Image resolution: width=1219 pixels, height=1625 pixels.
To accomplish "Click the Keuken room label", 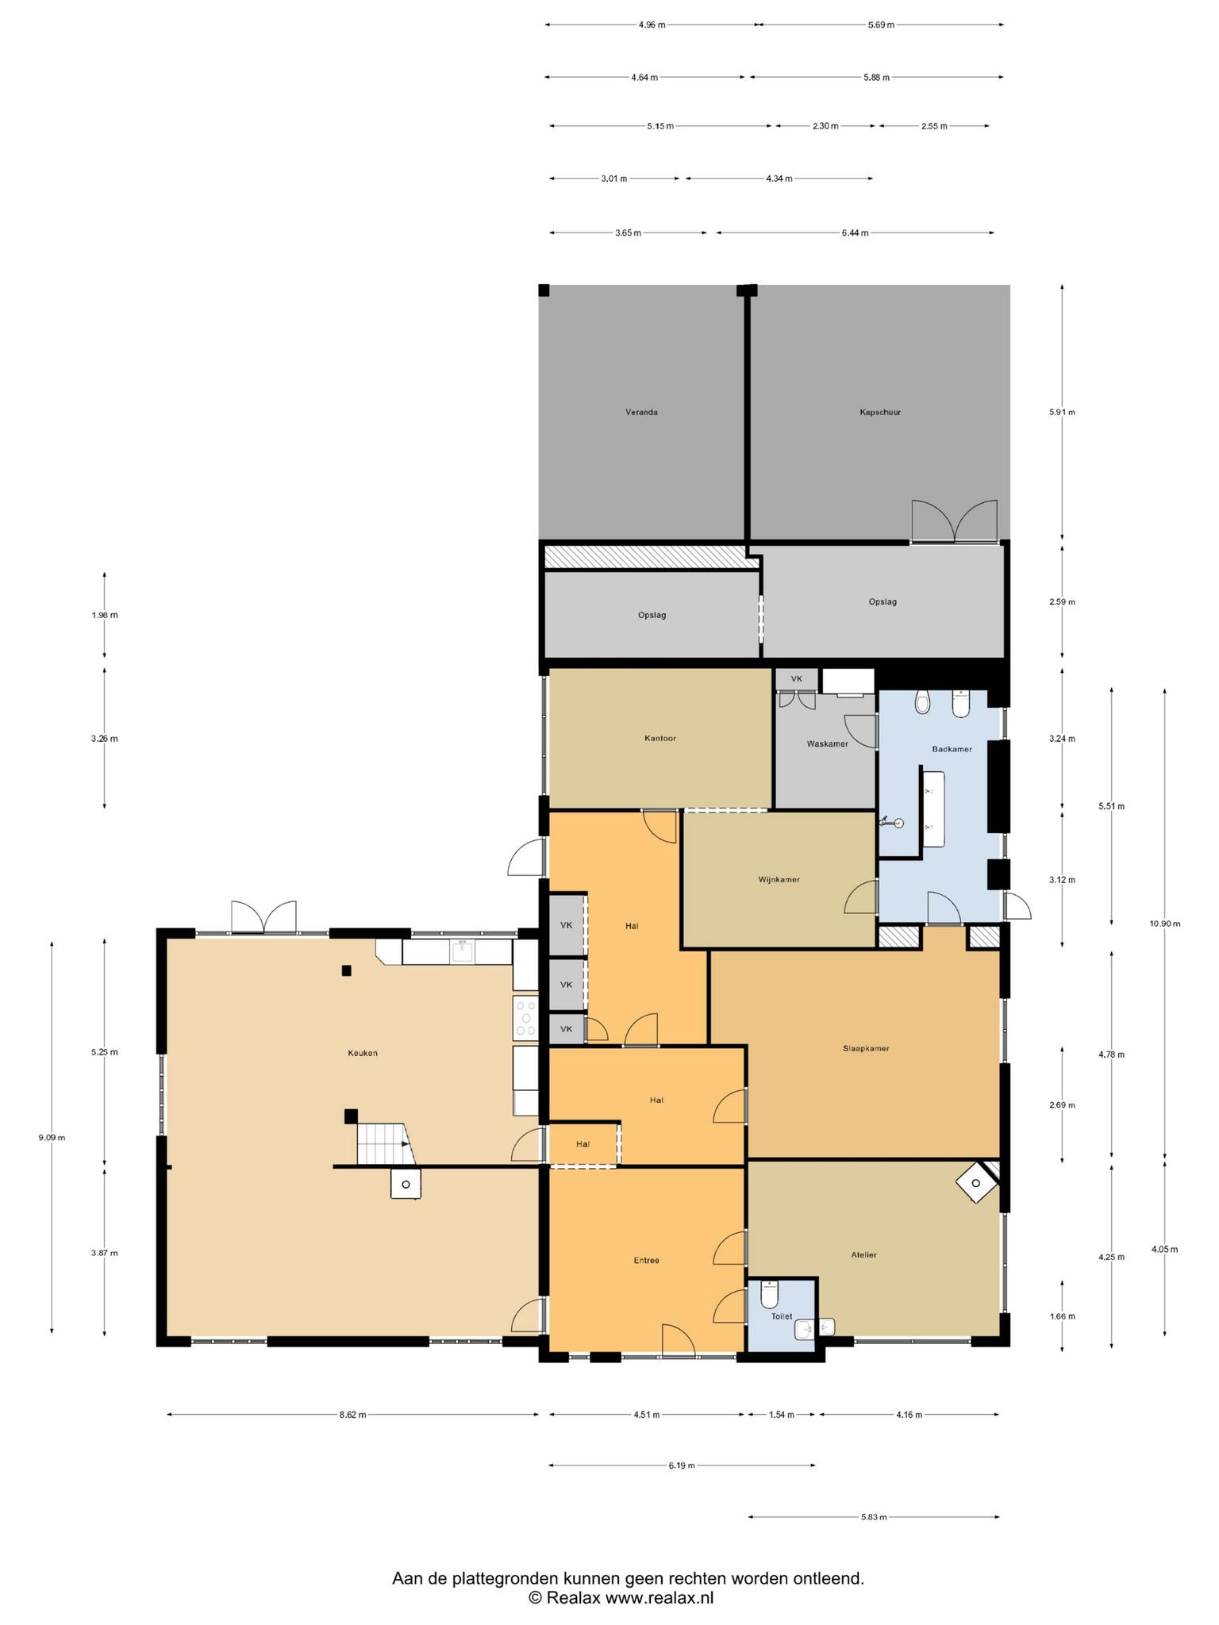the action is click(362, 1053).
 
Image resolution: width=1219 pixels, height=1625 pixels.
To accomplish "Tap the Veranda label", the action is click(641, 412).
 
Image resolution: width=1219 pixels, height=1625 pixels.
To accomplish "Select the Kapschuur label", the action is click(880, 412).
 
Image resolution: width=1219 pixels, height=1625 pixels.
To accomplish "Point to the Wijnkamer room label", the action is click(779, 879).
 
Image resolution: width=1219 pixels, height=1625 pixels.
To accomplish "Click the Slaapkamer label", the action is click(866, 1048).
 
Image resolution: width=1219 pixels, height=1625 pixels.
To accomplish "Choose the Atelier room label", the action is click(864, 1254).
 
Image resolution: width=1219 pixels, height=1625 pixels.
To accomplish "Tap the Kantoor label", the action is click(660, 738).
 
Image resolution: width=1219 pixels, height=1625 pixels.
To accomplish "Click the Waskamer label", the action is click(827, 743).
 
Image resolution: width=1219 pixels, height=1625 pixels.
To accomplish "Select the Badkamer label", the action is click(952, 748).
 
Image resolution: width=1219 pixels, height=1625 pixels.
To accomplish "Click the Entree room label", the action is click(646, 1260).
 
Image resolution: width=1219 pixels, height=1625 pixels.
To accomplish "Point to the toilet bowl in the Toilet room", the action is click(768, 1294).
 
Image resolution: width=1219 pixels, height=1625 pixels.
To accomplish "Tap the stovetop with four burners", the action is click(525, 1017).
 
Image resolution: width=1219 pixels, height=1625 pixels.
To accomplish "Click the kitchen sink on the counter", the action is click(462, 951).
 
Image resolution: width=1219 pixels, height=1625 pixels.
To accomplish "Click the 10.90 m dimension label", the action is click(1164, 923).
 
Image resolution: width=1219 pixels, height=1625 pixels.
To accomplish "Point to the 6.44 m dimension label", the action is click(855, 232).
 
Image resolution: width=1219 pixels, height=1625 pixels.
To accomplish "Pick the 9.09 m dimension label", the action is click(52, 1137).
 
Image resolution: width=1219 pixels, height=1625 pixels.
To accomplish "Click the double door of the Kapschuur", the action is click(954, 521).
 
